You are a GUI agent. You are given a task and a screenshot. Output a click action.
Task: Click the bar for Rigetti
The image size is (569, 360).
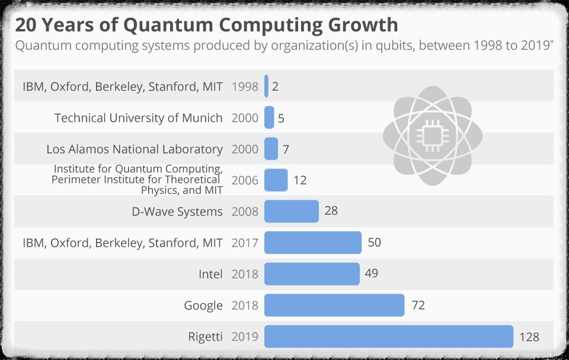tap(388, 336)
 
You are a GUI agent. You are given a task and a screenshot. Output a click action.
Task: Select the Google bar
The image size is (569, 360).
tap(334, 305)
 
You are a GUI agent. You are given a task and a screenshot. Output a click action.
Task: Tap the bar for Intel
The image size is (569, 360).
tap(312, 274)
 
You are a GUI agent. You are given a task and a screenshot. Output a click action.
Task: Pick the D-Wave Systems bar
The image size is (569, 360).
tap(291, 211)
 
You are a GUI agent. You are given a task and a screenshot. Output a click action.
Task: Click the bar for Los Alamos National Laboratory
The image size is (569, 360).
tap(271, 149)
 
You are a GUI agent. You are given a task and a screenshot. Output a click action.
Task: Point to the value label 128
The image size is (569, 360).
tap(529, 337)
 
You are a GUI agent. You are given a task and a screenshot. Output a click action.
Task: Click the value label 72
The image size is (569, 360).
tap(418, 305)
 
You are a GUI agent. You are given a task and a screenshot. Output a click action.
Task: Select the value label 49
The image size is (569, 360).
tap(371, 273)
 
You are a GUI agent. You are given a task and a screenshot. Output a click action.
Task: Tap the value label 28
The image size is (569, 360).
tap(331, 211)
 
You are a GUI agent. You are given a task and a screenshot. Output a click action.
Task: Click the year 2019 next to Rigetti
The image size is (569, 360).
tap(245, 337)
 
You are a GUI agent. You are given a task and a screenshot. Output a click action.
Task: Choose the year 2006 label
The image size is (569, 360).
tap(245, 180)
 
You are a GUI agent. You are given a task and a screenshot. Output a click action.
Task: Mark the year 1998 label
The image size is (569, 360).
tap(245, 87)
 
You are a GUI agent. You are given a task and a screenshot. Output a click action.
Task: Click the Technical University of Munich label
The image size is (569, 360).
tap(139, 118)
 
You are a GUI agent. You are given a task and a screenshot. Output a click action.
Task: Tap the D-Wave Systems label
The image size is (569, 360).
tap(177, 211)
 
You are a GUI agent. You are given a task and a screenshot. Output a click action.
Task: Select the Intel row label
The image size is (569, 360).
tap(210, 274)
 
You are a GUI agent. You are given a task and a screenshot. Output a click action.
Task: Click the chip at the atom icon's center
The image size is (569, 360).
tap(432, 136)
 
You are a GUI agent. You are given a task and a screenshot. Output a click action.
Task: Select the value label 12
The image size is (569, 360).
tap(300, 180)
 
